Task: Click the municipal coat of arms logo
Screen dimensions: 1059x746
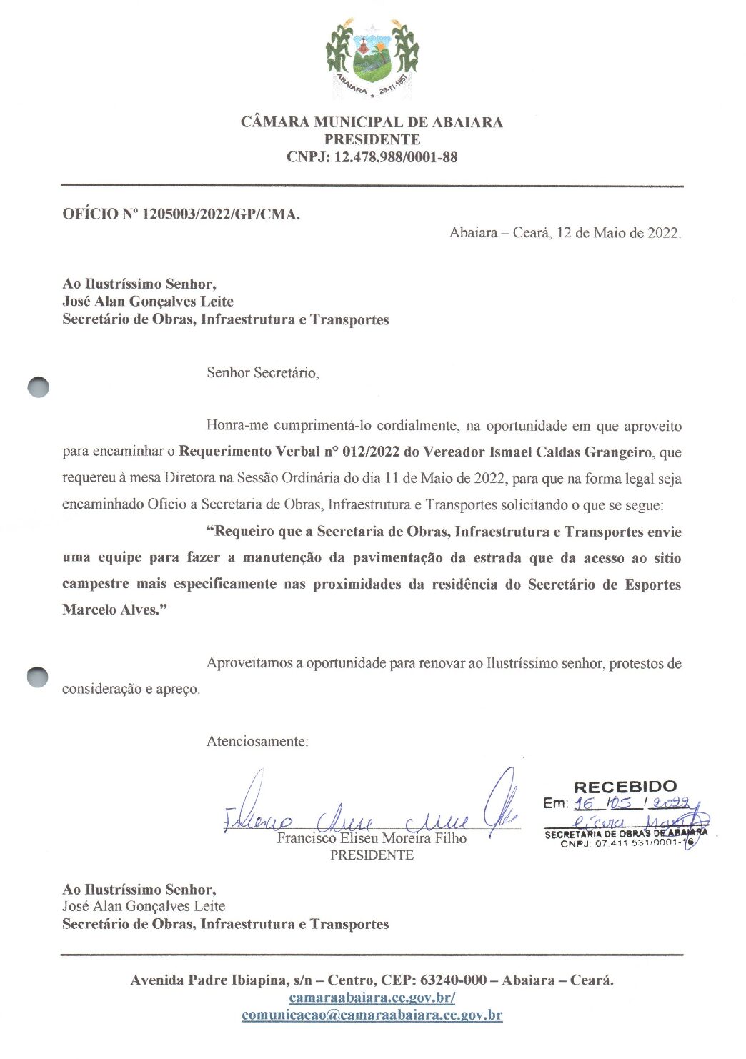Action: coord(372,59)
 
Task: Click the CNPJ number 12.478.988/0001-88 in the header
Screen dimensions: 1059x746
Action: coord(395,157)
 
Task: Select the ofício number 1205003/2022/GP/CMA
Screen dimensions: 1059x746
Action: coord(221,214)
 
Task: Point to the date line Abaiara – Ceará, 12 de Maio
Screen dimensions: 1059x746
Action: coord(565,232)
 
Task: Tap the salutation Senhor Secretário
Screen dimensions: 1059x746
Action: coord(262,372)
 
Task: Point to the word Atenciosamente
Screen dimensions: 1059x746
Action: coord(257,741)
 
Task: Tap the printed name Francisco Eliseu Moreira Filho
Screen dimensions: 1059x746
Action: coord(372,838)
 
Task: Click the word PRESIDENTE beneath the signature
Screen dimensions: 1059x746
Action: coord(372,855)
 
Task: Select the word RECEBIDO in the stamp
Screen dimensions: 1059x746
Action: coord(625,787)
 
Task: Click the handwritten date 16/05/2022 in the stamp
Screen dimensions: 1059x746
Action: coord(632,803)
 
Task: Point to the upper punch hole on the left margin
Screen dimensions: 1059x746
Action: coord(39,387)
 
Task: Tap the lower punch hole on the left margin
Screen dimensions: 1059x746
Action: coord(39,676)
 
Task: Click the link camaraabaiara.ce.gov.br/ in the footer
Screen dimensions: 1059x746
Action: coord(372,998)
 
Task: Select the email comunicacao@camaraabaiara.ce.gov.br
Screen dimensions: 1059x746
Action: coord(372,1015)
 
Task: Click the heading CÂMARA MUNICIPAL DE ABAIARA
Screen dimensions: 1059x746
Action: coord(372,122)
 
